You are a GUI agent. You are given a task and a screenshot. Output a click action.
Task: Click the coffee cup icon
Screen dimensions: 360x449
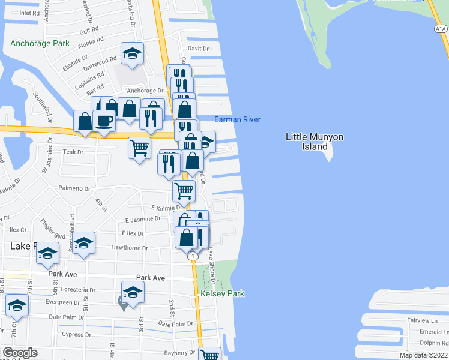(x=104, y=121)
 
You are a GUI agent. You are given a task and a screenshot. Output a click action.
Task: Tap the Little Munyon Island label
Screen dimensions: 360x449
(x=315, y=142)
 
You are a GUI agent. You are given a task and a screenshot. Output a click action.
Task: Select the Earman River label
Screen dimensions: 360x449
(x=237, y=120)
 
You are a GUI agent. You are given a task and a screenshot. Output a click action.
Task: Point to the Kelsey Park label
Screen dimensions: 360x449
(x=223, y=294)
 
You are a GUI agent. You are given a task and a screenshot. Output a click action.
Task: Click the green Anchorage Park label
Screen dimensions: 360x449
(x=40, y=44)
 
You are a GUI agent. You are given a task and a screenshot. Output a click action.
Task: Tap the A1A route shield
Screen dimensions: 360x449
(x=441, y=28)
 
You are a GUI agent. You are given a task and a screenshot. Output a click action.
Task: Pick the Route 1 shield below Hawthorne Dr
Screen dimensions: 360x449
(x=193, y=256)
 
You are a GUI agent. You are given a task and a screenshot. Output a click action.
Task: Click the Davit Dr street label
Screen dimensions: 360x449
(x=198, y=49)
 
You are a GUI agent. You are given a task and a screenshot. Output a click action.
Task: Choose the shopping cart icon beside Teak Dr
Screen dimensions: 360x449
(x=140, y=147)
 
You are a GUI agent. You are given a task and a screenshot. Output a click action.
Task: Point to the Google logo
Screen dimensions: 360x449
(x=20, y=353)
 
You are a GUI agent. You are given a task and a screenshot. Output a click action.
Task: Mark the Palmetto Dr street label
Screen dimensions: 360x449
(x=74, y=188)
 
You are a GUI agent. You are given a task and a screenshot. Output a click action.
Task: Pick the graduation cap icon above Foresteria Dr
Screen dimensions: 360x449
(x=133, y=292)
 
